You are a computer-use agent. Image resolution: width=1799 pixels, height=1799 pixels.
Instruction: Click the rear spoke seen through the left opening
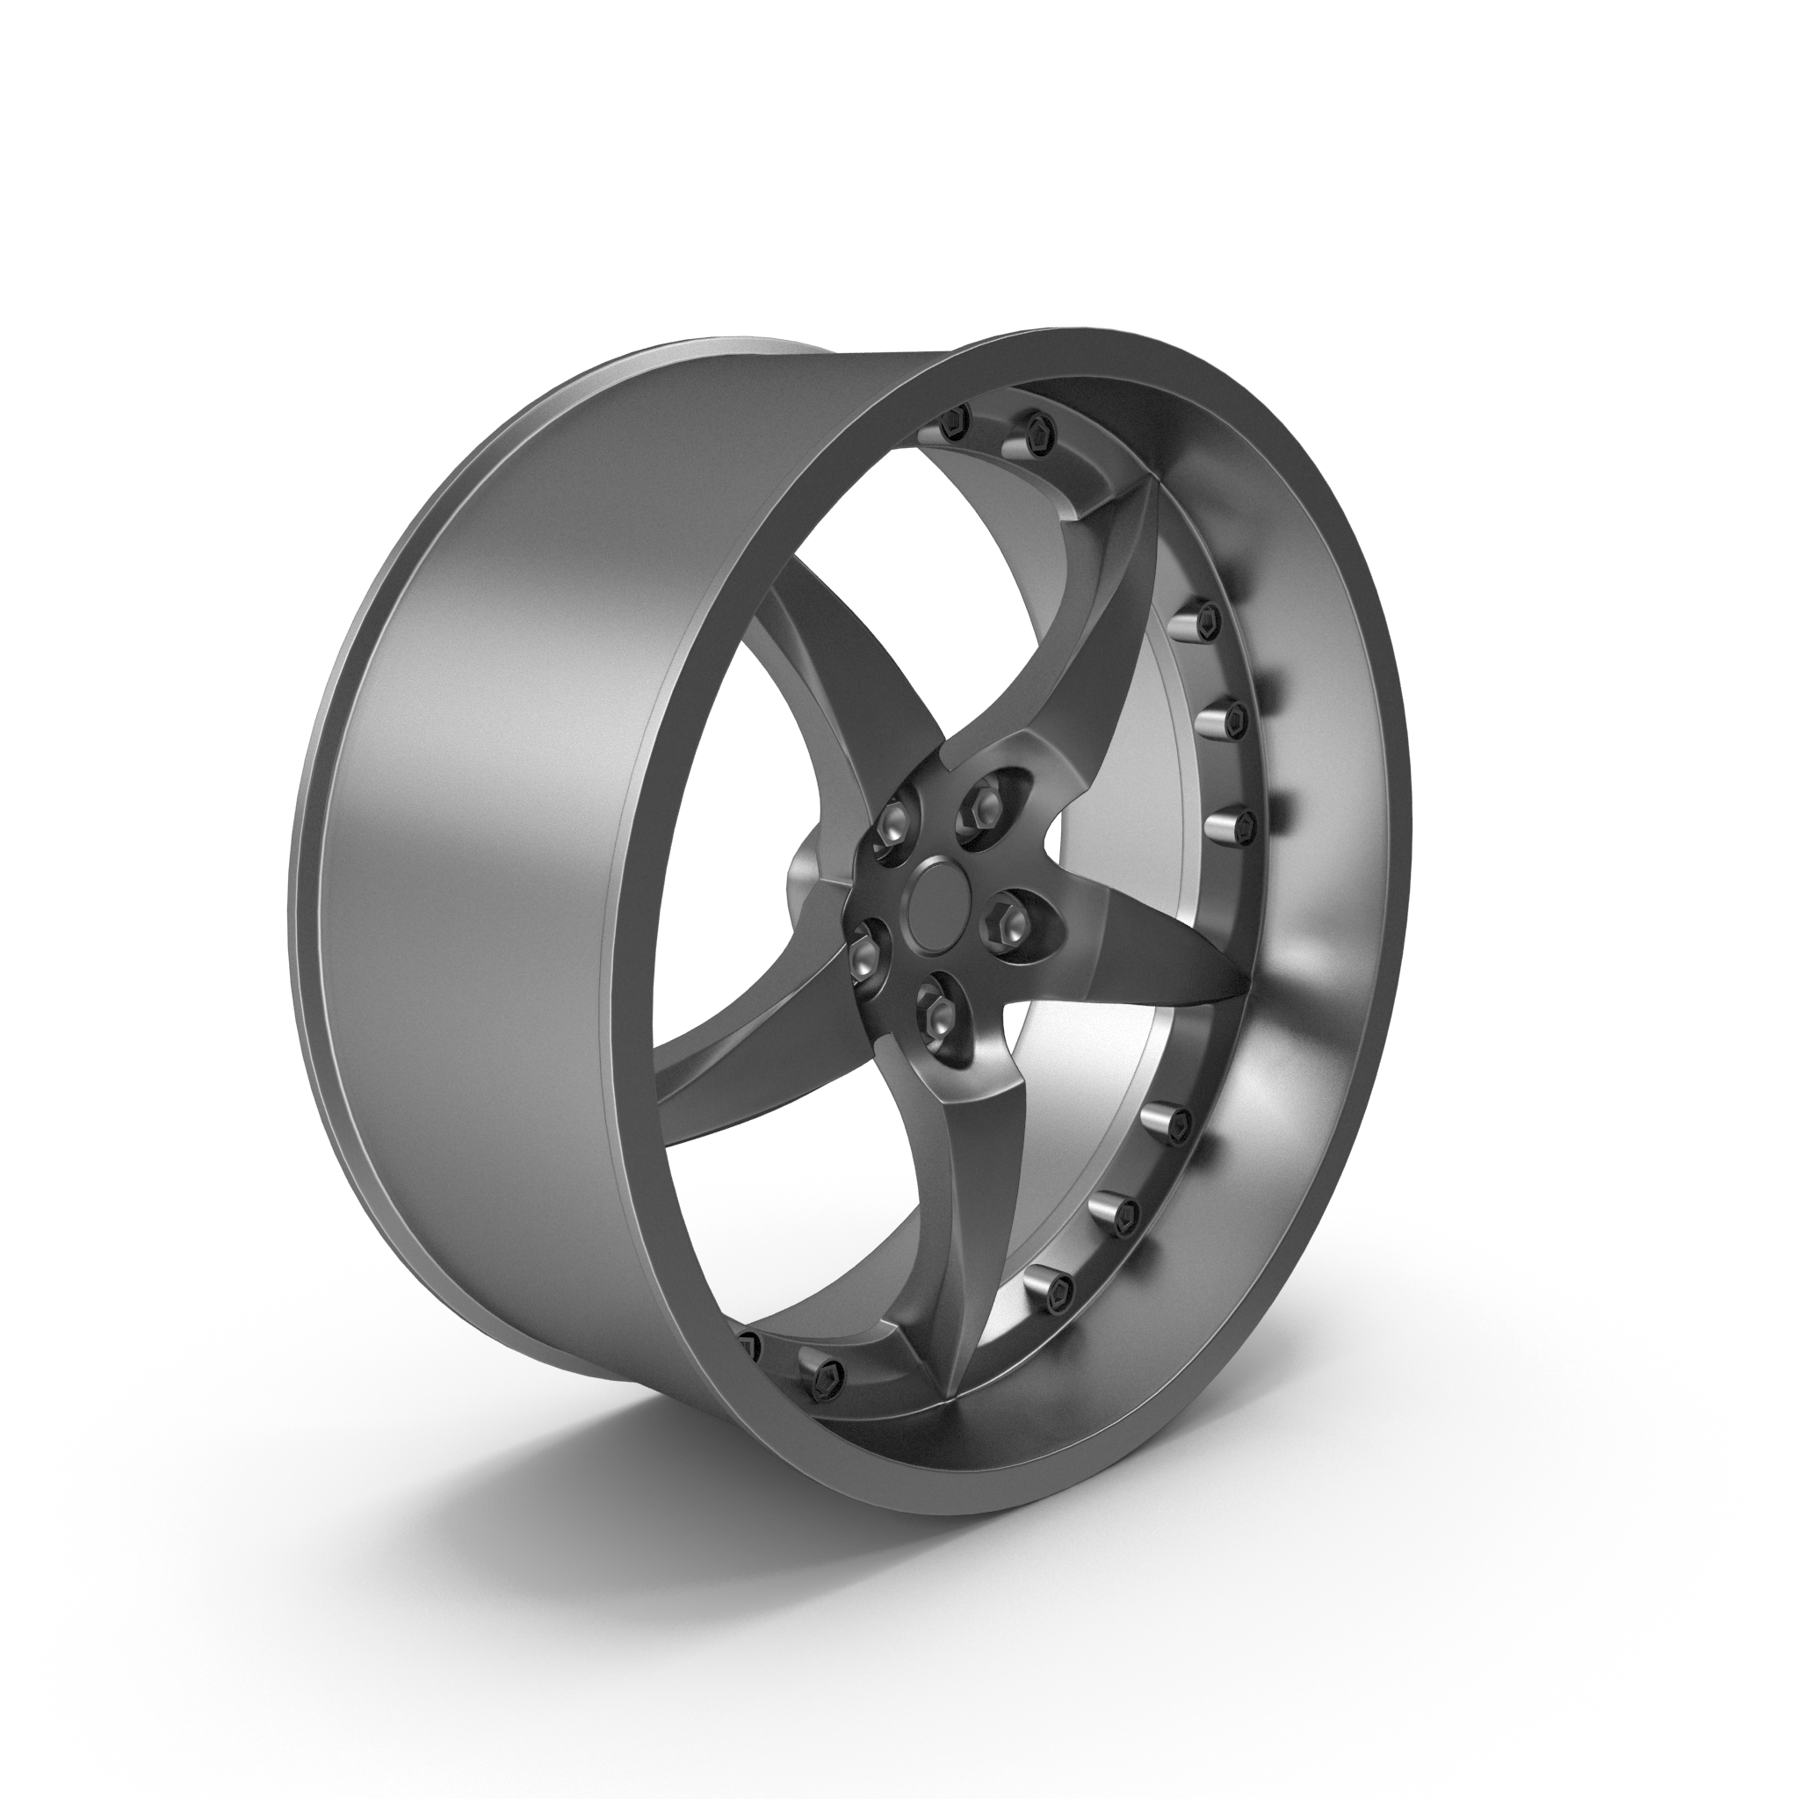tap(820, 670)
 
